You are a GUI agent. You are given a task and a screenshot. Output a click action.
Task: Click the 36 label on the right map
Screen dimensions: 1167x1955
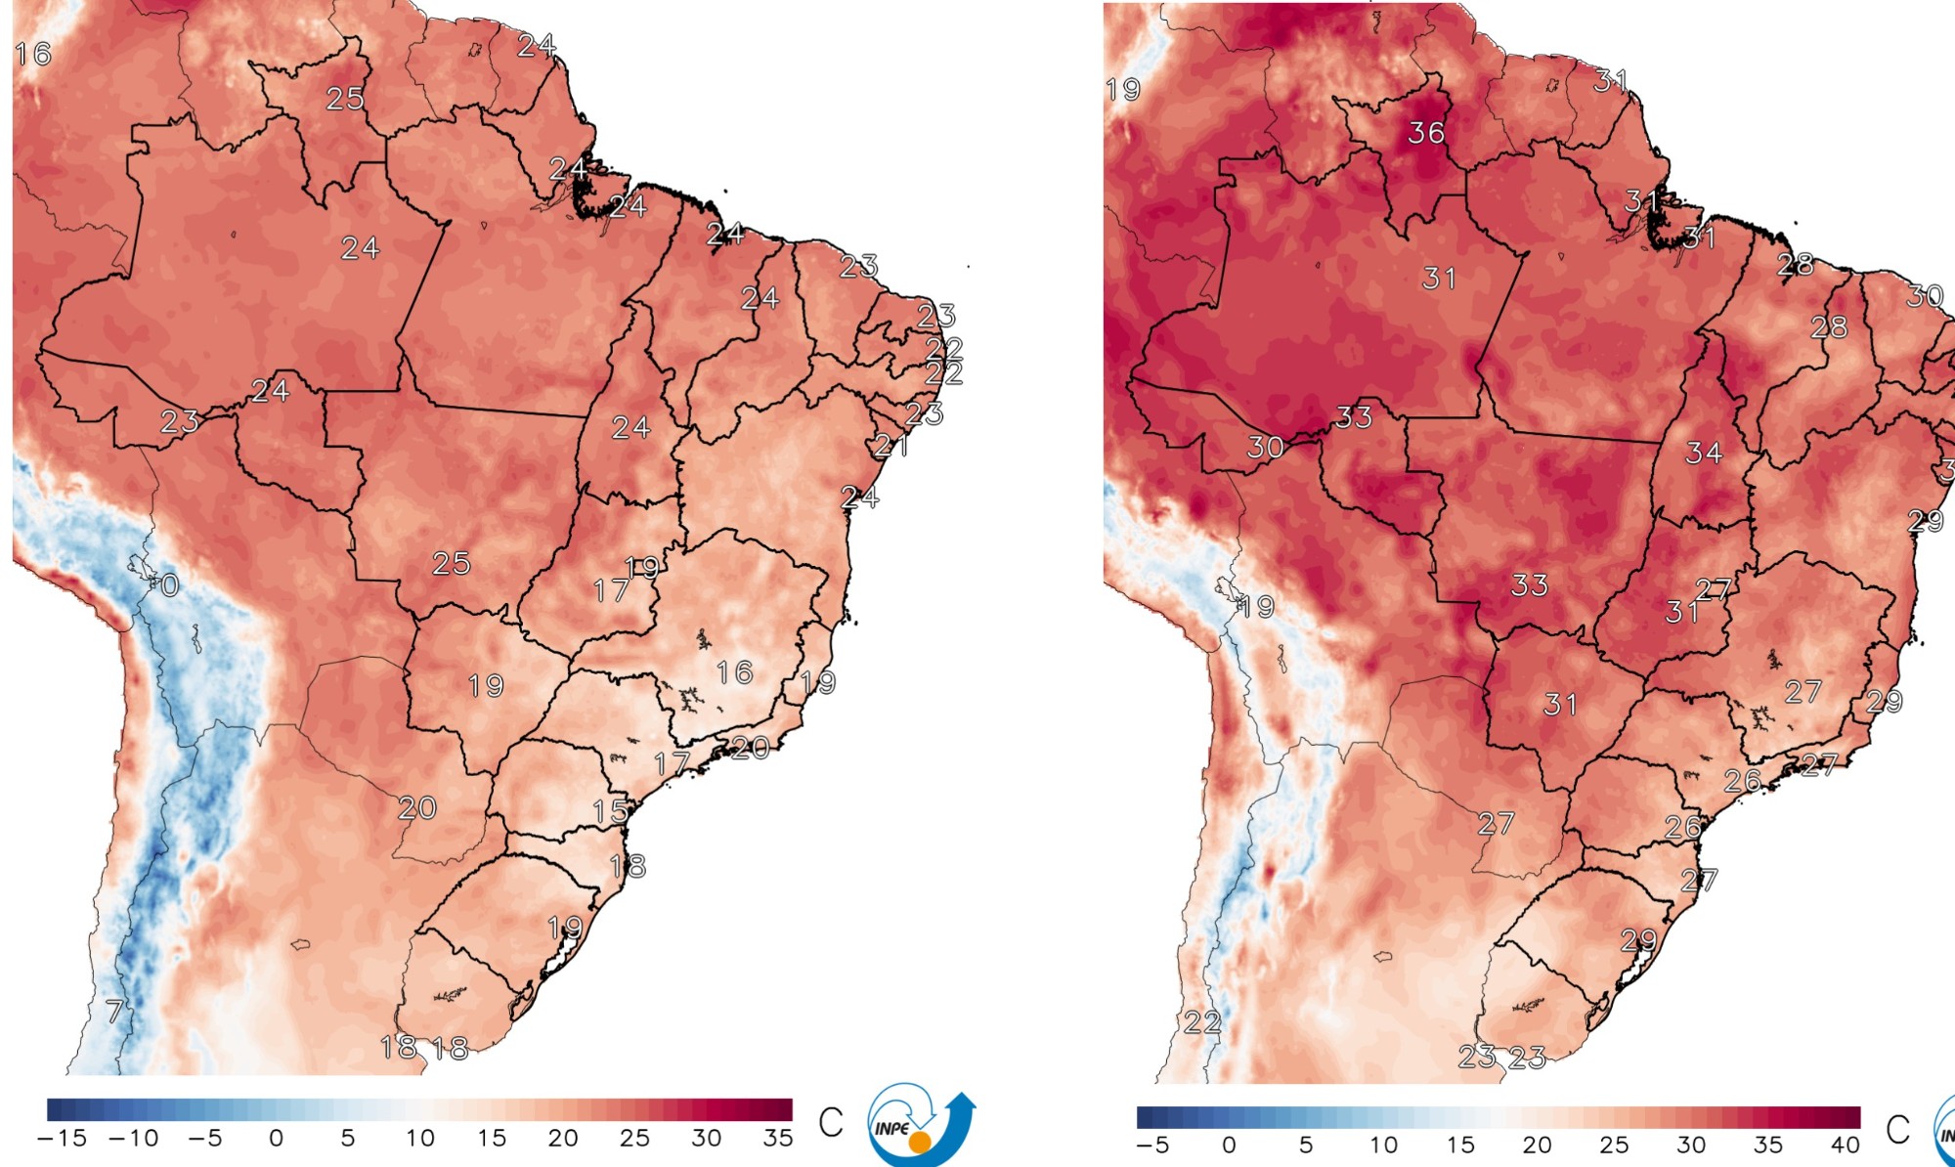click(x=1426, y=133)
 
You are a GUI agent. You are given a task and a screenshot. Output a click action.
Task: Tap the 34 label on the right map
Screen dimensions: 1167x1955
click(x=1704, y=453)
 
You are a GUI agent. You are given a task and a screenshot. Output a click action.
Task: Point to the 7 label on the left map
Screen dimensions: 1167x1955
click(x=114, y=1011)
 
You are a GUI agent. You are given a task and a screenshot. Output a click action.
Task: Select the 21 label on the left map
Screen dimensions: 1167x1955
click(x=891, y=446)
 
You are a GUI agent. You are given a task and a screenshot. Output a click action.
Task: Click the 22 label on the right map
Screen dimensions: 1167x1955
click(x=1202, y=1022)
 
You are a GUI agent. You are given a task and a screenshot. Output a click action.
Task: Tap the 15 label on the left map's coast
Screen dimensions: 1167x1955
click(x=611, y=811)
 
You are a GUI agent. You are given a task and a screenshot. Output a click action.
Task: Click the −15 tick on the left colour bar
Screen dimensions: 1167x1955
click(x=62, y=1139)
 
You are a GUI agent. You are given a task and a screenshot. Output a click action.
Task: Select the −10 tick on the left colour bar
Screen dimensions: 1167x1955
click(x=133, y=1139)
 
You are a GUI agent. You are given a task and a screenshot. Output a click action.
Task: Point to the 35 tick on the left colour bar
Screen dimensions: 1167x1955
click(x=778, y=1139)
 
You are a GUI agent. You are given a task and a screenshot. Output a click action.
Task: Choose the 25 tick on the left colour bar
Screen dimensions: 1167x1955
click(x=634, y=1139)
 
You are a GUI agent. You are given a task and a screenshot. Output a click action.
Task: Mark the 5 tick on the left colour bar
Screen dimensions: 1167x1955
click(x=348, y=1139)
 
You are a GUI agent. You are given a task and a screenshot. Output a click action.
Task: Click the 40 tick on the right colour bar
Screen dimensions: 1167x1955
click(x=1845, y=1145)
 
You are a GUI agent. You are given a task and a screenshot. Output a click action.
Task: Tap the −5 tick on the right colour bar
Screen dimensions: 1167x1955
click(x=1152, y=1145)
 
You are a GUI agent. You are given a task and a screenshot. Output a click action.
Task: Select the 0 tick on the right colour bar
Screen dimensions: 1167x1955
click(x=1230, y=1145)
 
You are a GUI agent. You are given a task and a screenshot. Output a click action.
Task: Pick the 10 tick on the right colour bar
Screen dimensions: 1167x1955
click(x=1383, y=1145)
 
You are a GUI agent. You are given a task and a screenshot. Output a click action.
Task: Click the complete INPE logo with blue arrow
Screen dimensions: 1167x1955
click(x=920, y=1125)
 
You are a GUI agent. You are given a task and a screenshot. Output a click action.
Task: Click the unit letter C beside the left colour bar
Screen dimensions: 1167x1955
click(x=831, y=1122)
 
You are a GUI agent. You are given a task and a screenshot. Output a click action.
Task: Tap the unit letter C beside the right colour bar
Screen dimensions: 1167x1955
click(x=1897, y=1130)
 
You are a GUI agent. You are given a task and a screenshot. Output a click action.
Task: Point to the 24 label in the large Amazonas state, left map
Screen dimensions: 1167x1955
click(x=360, y=248)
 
